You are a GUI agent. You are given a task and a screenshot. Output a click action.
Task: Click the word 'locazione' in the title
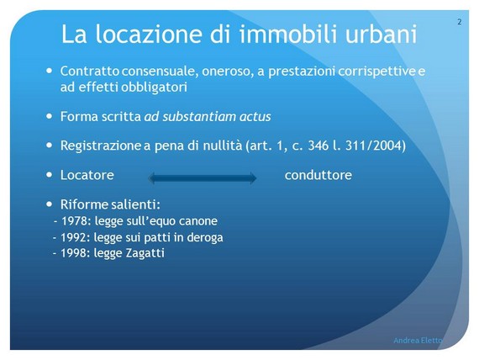pyautogui.click(x=149, y=34)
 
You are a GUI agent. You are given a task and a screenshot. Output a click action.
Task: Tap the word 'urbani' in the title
pyautogui.click(x=382, y=34)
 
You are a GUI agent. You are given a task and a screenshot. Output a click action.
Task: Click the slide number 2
pyautogui.click(x=459, y=22)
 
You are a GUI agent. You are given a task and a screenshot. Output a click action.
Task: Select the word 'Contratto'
pyautogui.click(x=90, y=71)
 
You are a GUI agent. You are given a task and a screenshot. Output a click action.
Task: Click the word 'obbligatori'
pyautogui.click(x=155, y=87)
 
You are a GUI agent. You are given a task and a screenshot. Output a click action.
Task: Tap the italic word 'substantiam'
pyautogui.click(x=199, y=117)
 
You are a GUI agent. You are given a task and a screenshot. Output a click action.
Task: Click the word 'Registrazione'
pyautogui.click(x=100, y=146)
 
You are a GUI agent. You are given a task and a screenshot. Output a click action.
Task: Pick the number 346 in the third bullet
pyautogui.click(x=318, y=146)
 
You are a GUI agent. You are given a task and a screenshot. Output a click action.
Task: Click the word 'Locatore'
pyautogui.click(x=87, y=175)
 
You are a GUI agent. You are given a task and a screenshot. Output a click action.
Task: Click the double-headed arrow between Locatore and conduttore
pyautogui.click(x=203, y=178)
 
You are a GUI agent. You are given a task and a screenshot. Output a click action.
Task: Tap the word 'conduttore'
pyautogui.click(x=318, y=175)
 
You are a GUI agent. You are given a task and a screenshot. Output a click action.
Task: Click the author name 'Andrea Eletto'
pyautogui.click(x=418, y=340)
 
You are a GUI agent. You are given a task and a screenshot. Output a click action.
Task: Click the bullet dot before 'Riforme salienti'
pyautogui.click(x=50, y=204)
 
